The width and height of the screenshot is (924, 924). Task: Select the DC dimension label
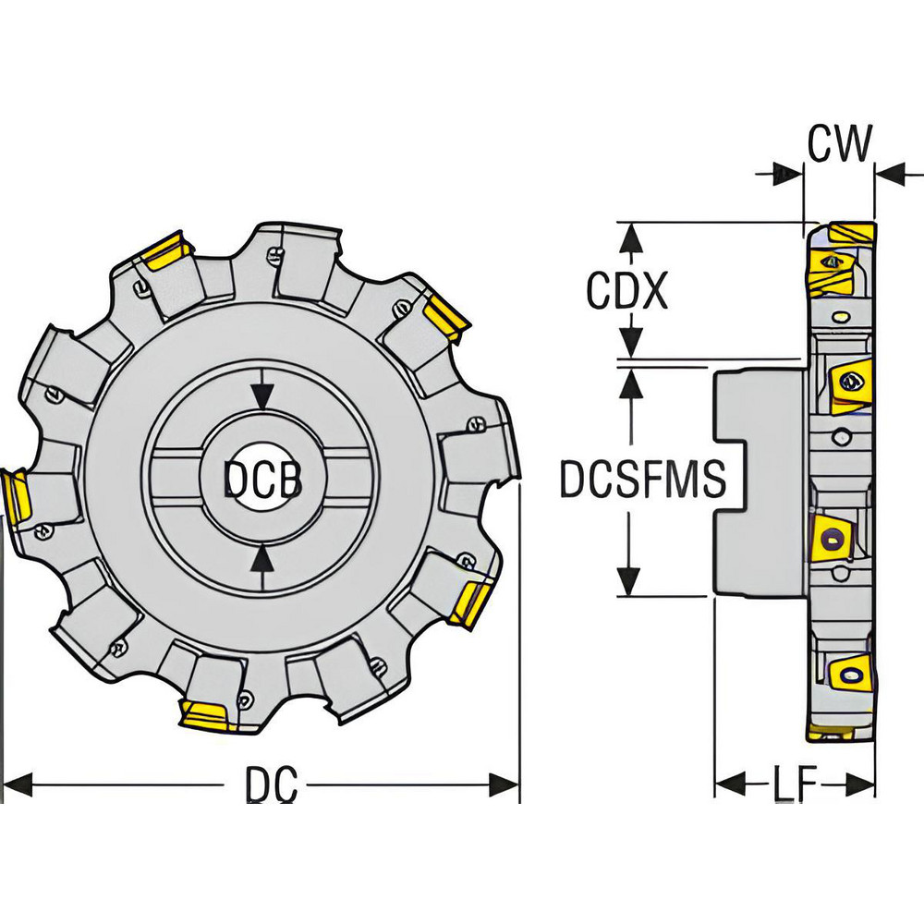tap(271, 786)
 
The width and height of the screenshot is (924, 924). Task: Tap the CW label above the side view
tap(839, 143)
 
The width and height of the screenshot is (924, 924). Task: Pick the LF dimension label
tap(795, 786)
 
